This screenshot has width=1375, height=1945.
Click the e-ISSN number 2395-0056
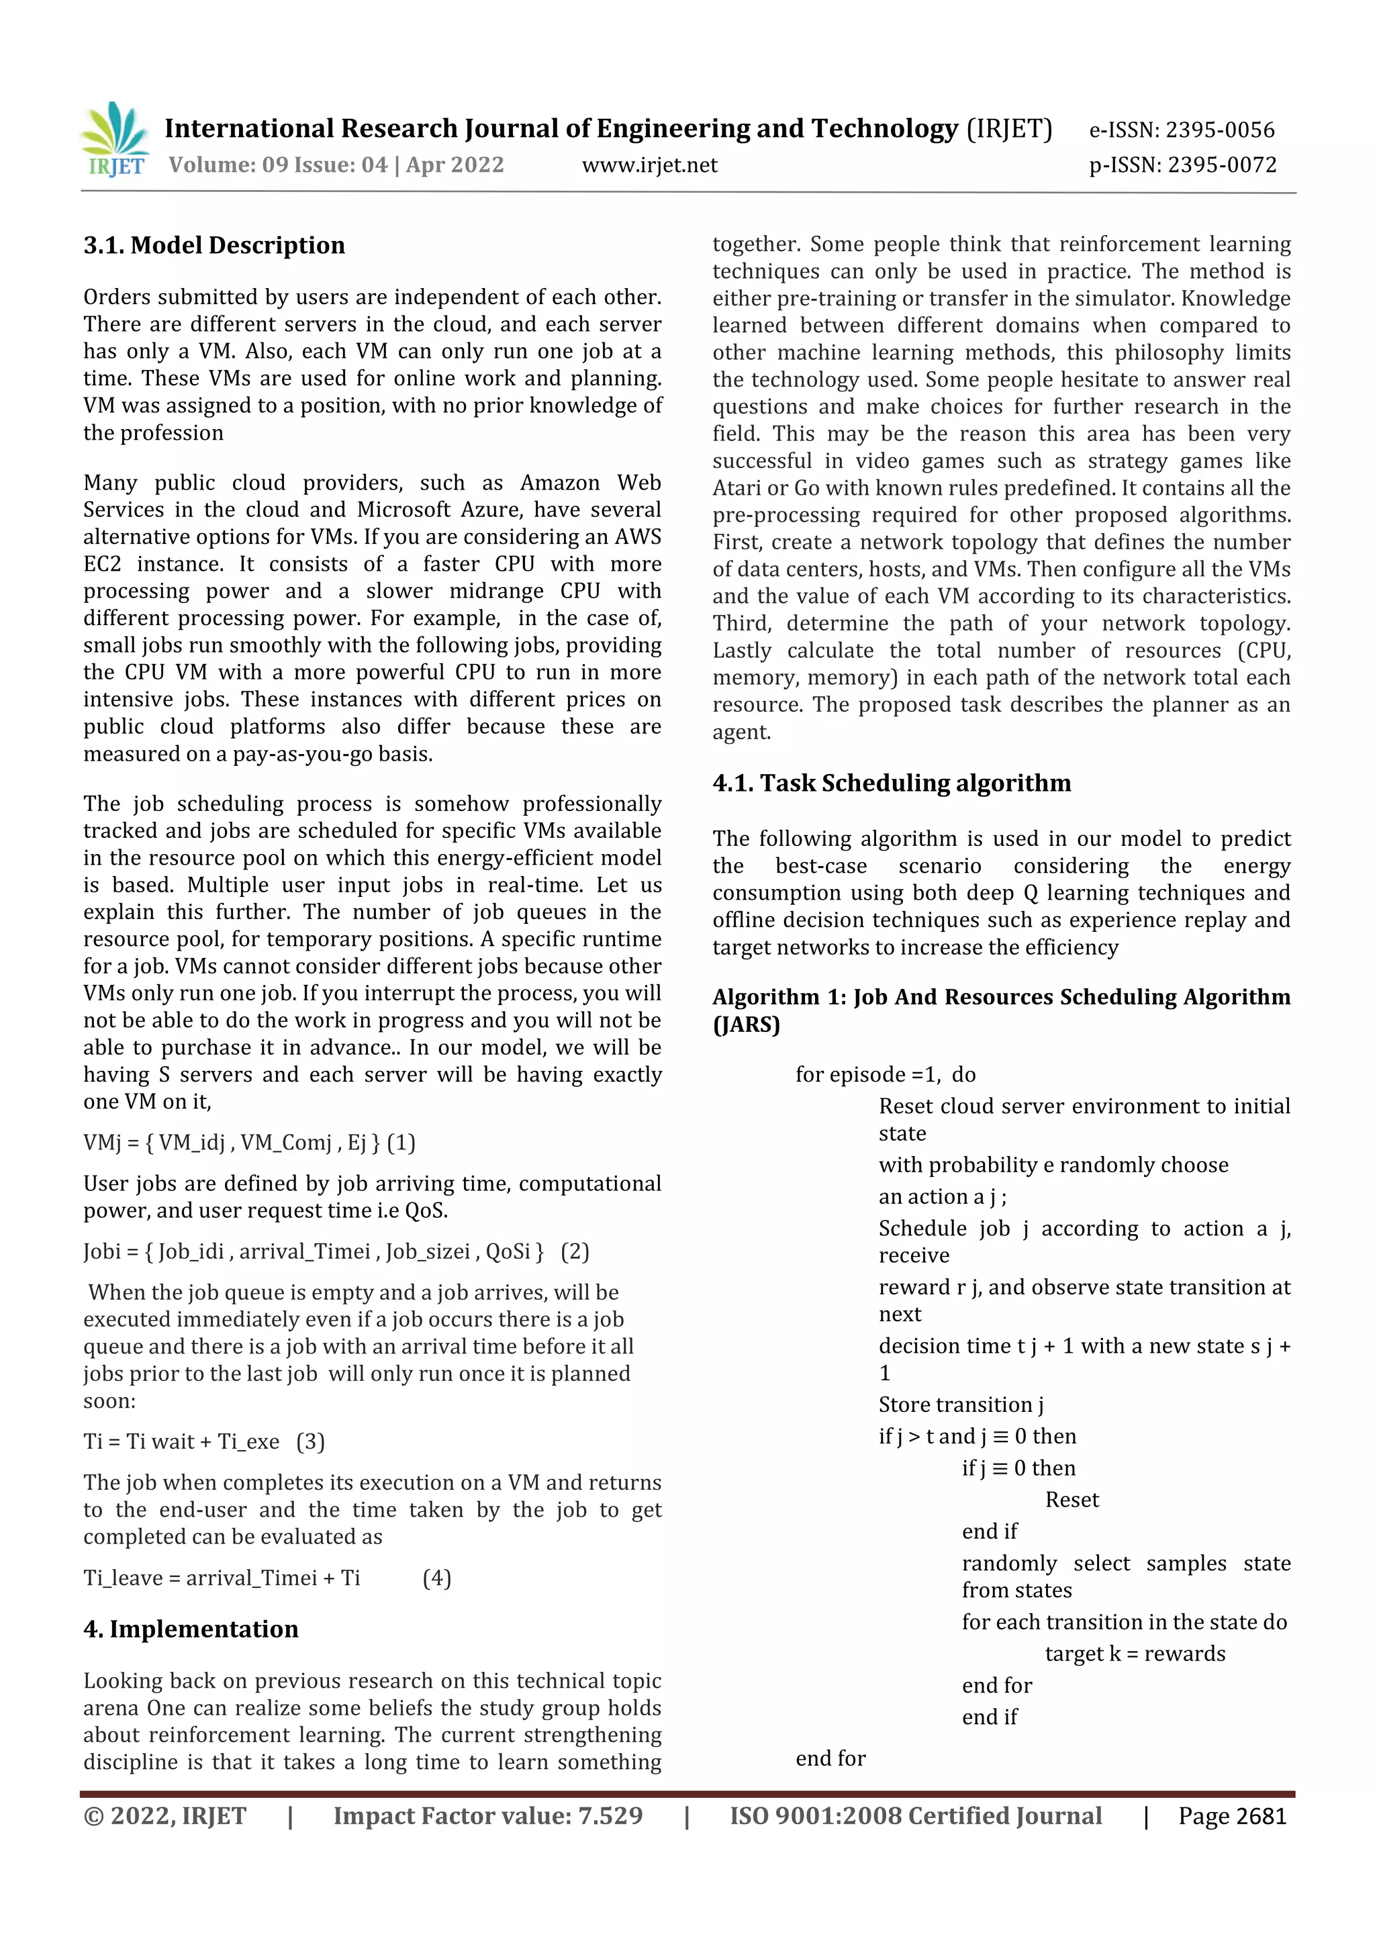click(1219, 130)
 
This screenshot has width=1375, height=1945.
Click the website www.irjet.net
click(649, 165)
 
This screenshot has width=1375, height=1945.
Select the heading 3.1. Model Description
click(214, 246)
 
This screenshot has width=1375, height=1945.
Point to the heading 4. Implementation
click(191, 1628)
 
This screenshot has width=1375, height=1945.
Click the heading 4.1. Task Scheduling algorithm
click(891, 783)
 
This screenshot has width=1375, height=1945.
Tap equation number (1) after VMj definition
click(401, 1143)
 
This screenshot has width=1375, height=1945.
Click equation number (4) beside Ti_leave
click(436, 1577)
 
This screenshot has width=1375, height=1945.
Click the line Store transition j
click(961, 1405)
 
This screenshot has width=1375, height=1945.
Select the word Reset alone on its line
click(1072, 1499)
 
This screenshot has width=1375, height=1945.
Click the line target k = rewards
click(1135, 1654)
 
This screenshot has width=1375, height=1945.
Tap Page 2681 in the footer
click(1232, 1815)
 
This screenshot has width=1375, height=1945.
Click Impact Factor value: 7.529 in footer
click(487, 1815)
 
